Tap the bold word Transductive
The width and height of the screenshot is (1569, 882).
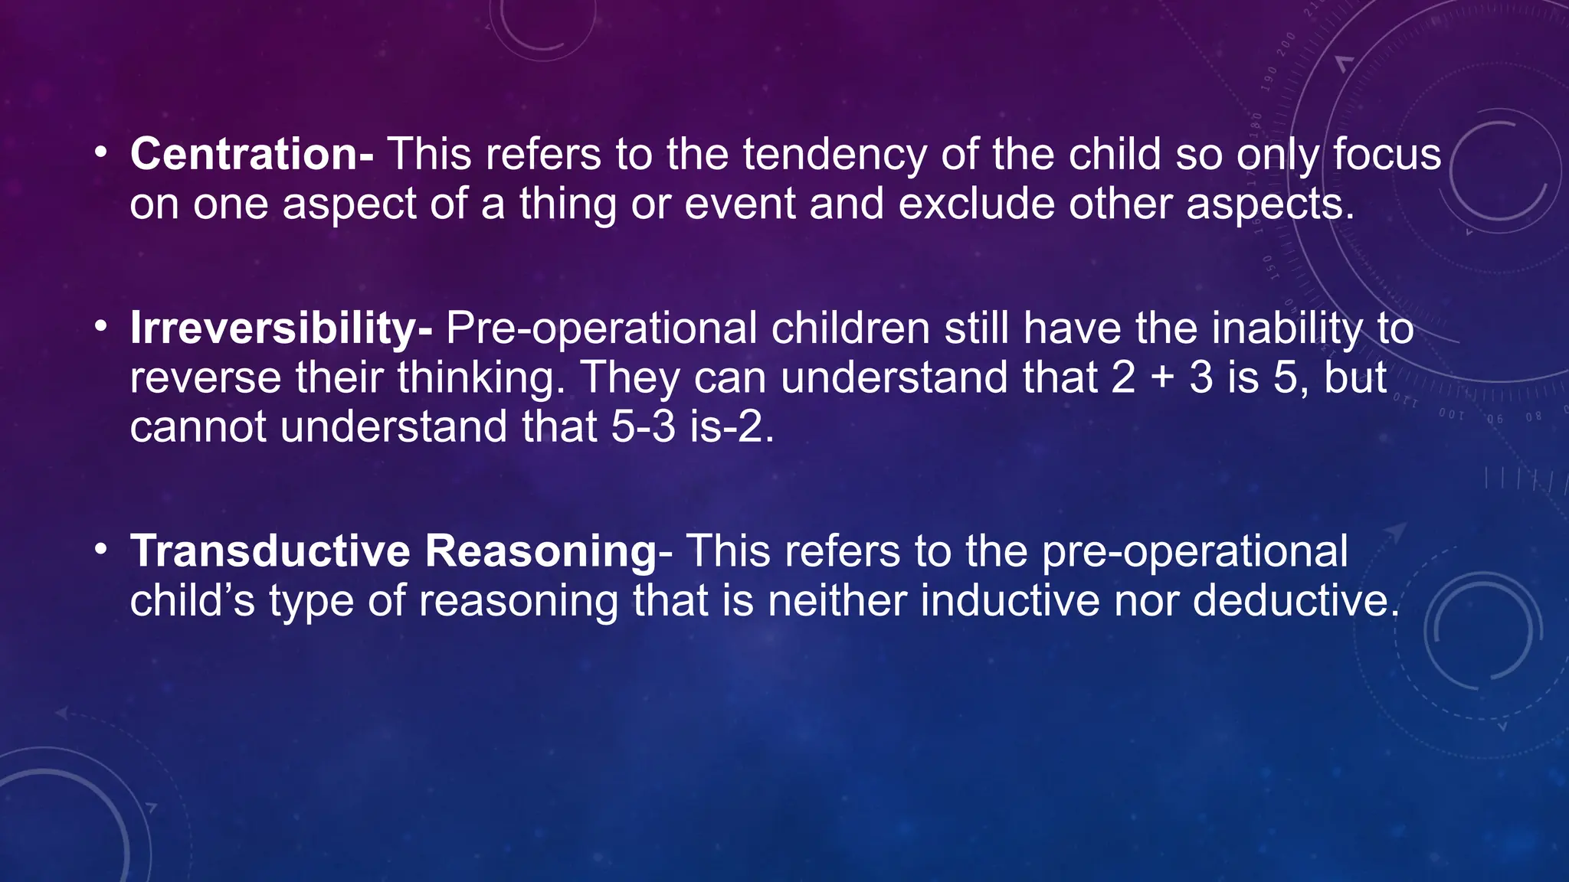[x=270, y=550]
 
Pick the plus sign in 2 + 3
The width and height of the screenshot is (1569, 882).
[x=1162, y=378]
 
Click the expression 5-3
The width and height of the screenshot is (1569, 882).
[x=643, y=426]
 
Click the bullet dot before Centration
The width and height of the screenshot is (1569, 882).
[x=100, y=153]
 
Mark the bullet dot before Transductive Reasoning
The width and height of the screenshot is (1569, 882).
[x=100, y=550]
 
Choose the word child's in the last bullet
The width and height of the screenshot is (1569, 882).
[x=192, y=600]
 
